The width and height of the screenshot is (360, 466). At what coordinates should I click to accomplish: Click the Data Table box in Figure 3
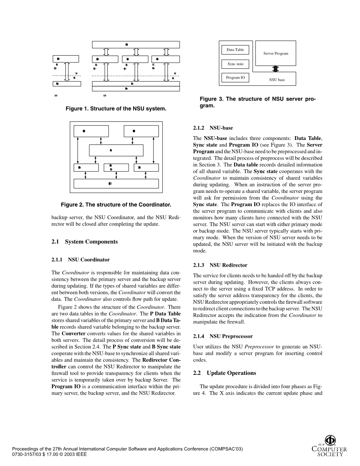coord(235,50)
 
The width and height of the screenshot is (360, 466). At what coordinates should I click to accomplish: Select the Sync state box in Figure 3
coord(235,64)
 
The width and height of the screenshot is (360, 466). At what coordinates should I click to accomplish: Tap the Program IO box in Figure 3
coord(235,78)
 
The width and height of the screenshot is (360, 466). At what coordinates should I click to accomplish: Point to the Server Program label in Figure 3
coord(276,54)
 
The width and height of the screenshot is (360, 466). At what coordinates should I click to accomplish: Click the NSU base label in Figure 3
coord(277,80)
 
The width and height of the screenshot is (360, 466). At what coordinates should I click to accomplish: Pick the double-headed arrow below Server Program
coord(276,69)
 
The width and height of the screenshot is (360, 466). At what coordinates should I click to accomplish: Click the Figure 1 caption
coord(116,109)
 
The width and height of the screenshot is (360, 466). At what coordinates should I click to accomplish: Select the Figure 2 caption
coord(116,205)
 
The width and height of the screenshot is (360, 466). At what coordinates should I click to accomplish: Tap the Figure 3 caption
coord(258,102)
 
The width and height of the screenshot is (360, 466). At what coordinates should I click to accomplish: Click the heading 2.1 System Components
coord(85,242)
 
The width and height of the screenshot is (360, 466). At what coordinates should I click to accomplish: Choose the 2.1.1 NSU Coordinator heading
coord(81,260)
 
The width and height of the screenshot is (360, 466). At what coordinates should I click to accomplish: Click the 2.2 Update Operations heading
coord(225,373)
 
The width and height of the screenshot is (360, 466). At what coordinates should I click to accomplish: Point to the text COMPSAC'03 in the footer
coord(226,449)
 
